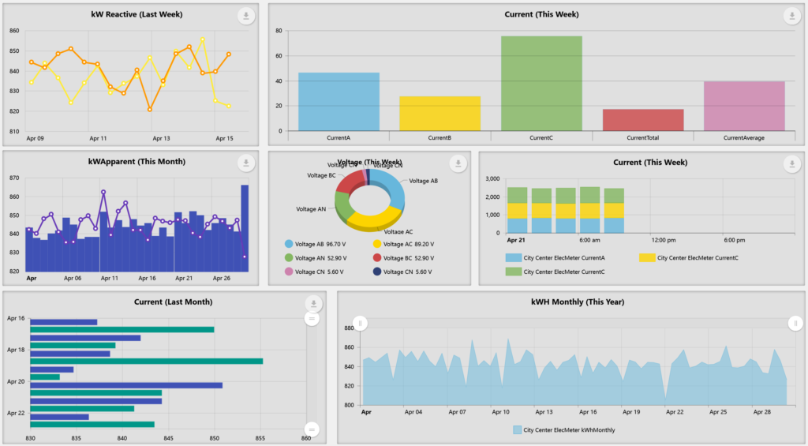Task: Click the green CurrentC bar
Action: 541,83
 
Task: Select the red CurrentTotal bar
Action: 643,120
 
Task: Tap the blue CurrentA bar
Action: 339,101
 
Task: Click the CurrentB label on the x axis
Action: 440,138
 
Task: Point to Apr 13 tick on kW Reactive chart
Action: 160,138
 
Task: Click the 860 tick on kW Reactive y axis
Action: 14,31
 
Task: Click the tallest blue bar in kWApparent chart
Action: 245,228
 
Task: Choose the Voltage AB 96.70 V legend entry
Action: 319,245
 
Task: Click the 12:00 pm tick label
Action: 662,240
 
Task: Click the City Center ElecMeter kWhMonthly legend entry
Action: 563,430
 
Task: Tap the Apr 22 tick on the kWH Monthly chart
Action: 674,412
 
